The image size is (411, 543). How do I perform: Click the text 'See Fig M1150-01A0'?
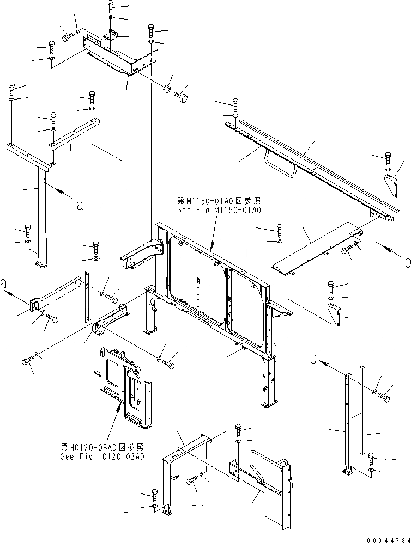pyautogui.click(x=219, y=209)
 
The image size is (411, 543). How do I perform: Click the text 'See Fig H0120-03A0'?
pyautogui.click(x=102, y=456)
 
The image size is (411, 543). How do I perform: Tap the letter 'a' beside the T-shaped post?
pyautogui.click(x=80, y=205)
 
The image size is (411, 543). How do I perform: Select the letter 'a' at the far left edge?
pyautogui.click(x=4, y=285)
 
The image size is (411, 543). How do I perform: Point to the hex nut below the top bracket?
pyautogui.click(x=168, y=88)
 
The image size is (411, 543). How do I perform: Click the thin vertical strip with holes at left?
pyautogui.click(x=86, y=299)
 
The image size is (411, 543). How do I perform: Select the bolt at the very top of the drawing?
pyautogui.click(x=110, y=7)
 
